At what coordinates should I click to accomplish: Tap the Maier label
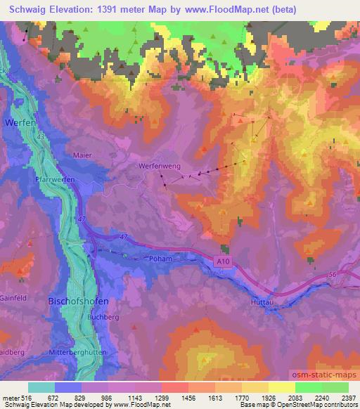(x=82, y=155)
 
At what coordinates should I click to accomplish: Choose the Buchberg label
(x=83, y=317)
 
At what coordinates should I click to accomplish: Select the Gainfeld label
(x=15, y=298)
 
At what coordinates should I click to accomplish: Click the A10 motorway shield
(x=221, y=260)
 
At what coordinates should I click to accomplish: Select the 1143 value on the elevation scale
(x=136, y=398)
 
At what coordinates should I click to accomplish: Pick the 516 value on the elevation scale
(x=26, y=398)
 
